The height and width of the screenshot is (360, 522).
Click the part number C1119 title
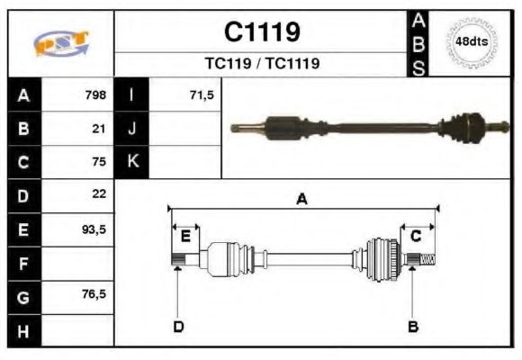point(261,32)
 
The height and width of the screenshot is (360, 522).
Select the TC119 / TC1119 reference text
point(261,64)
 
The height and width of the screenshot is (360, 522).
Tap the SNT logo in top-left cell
point(60,43)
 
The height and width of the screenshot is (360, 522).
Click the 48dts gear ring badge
point(472,42)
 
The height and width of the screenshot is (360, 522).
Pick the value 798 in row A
point(95,94)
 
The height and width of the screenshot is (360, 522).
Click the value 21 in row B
point(99,129)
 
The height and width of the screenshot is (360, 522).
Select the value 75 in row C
point(99,162)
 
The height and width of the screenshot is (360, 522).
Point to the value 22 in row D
point(99,194)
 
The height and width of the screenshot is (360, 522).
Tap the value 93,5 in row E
point(94,229)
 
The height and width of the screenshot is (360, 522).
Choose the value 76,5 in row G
point(94,294)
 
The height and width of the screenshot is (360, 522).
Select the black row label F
point(24,263)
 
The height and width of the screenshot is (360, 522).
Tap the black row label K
point(132,162)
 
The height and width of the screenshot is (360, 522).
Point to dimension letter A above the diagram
point(302,199)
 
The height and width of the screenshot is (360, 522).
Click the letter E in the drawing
point(185,237)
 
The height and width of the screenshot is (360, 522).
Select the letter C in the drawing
point(416,237)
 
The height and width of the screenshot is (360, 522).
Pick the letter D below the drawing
point(177,326)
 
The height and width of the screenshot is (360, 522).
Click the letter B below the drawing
point(412,326)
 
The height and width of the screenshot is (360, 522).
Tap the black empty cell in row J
point(132,129)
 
